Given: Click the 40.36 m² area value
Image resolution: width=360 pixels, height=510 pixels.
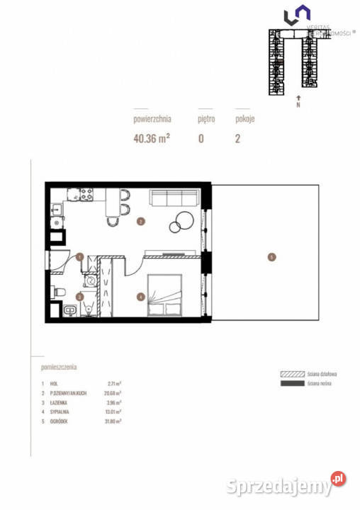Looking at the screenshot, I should [151, 139].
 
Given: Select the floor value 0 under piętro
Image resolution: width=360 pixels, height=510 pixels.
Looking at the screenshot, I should [201, 139].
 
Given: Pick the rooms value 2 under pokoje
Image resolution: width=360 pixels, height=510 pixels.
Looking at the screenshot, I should [237, 139].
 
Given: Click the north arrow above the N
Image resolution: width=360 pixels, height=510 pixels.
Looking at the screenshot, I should [299, 98].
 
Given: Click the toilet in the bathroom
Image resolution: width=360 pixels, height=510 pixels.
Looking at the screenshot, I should [60, 293].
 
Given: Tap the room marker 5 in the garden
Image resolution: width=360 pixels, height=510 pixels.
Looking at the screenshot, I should [271, 257].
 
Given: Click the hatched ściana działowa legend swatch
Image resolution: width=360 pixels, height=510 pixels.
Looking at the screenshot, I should [291, 373].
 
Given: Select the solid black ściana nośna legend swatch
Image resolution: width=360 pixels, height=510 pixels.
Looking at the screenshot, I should [291, 383].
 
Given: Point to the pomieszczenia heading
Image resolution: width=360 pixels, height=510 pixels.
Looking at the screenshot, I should [60, 368].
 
